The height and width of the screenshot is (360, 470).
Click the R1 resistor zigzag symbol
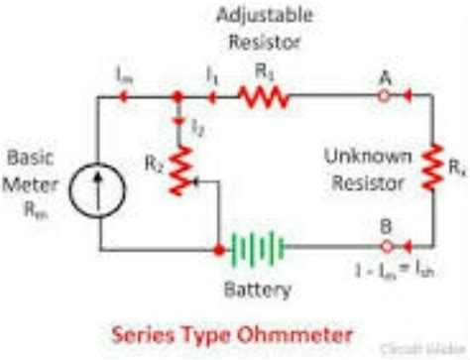(x=262, y=96)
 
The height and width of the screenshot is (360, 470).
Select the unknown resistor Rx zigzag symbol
(x=433, y=168)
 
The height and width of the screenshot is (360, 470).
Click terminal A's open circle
(x=383, y=96)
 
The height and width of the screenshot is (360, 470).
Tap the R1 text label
(x=263, y=71)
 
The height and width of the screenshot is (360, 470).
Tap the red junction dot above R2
(x=176, y=96)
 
